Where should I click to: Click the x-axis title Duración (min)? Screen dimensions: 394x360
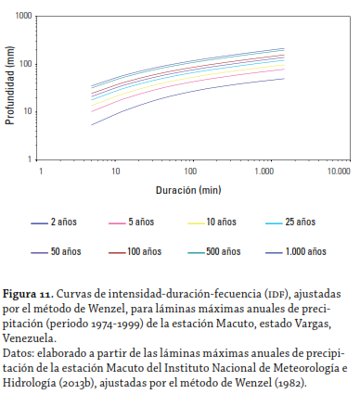click(190, 189)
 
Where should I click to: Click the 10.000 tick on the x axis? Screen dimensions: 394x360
click(338, 172)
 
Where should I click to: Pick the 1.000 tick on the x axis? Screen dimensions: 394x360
click(264, 172)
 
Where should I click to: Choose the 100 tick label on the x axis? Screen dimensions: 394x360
click(190, 172)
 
